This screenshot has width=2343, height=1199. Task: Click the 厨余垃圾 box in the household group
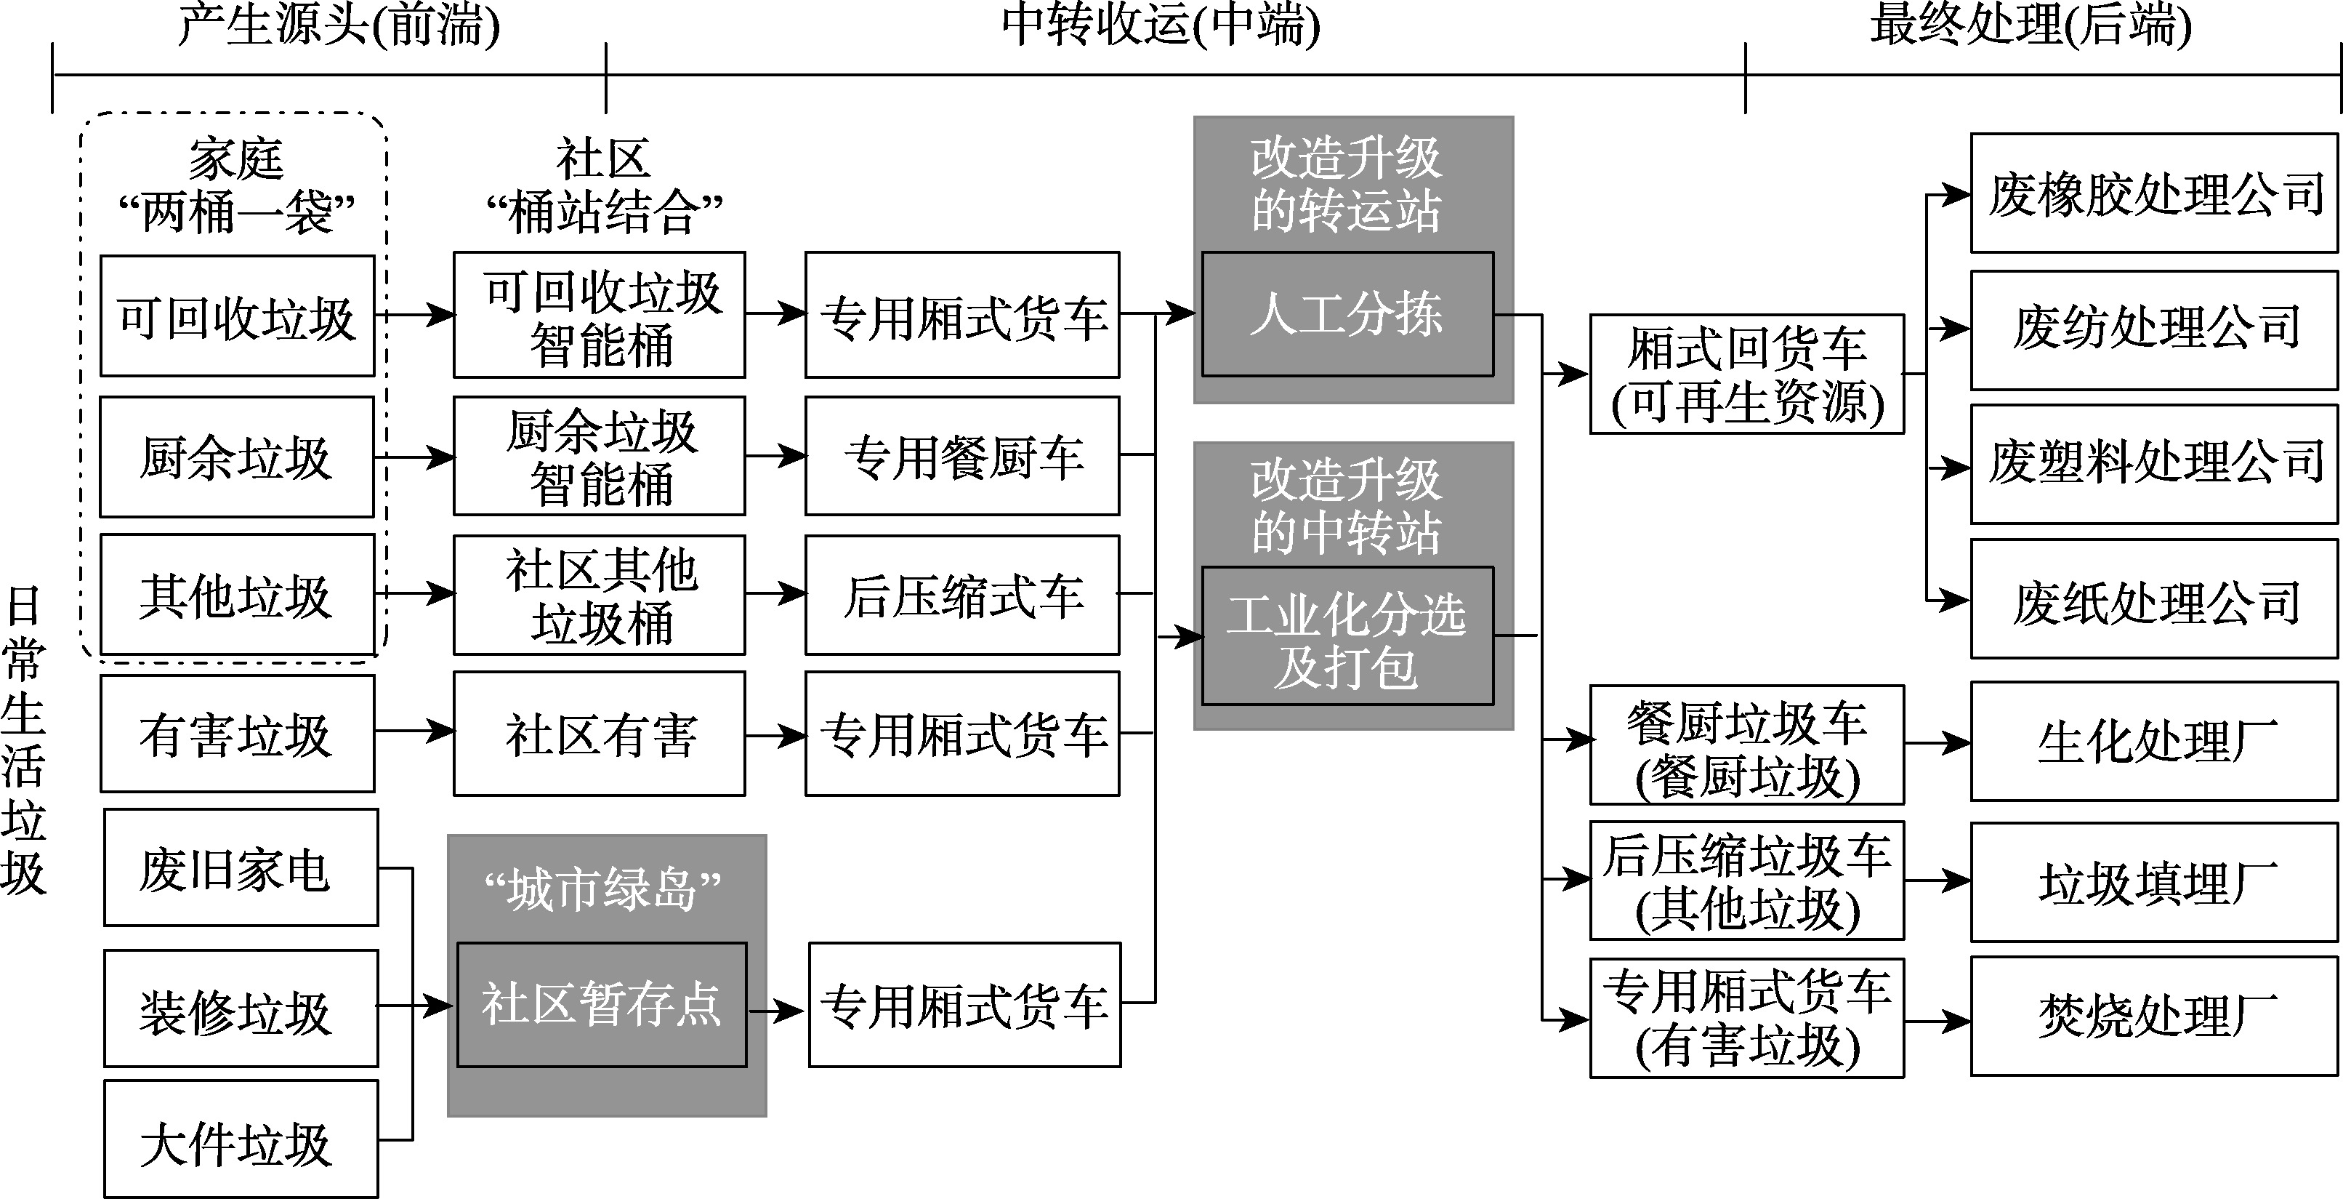pos(236,457)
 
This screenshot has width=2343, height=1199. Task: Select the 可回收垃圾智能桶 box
pos(600,316)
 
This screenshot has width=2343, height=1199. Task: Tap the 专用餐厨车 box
pos(962,456)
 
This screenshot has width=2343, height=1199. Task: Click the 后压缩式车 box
pos(962,595)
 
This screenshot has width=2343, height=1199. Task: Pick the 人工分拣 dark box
pos(1347,314)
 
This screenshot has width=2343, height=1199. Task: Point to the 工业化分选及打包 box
pos(1347,636)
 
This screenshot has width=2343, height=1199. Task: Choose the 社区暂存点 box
pos(601,1004)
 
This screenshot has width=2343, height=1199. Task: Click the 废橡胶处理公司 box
pos(2154,193)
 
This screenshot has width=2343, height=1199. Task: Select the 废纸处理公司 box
pos(2154,598)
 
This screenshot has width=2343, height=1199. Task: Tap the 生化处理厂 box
pos(2154,742)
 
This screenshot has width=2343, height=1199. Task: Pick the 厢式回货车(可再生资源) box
pos(1746,374)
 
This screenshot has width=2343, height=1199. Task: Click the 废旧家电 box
pos(240,868)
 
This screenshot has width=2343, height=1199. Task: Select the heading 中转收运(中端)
pos(1161,25)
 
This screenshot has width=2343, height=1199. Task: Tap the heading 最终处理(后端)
pos(2030,25)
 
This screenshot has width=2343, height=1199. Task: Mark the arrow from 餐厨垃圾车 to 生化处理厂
pos(1937,743)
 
